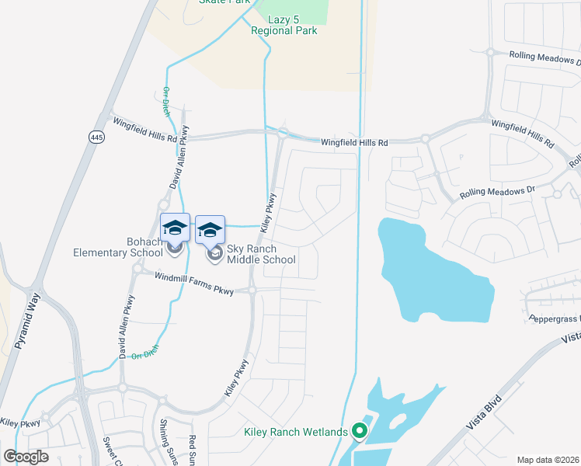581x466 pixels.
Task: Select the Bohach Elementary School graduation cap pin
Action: pos(175,228)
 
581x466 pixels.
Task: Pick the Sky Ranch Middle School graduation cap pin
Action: pos(210,230)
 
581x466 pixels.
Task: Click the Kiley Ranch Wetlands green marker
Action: pos(359,430)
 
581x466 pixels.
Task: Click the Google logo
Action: pos(26,457)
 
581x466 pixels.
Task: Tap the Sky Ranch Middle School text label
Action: pos(261,254)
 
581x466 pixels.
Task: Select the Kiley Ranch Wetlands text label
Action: pos(294,432)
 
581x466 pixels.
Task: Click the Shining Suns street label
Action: pos(167,441)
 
